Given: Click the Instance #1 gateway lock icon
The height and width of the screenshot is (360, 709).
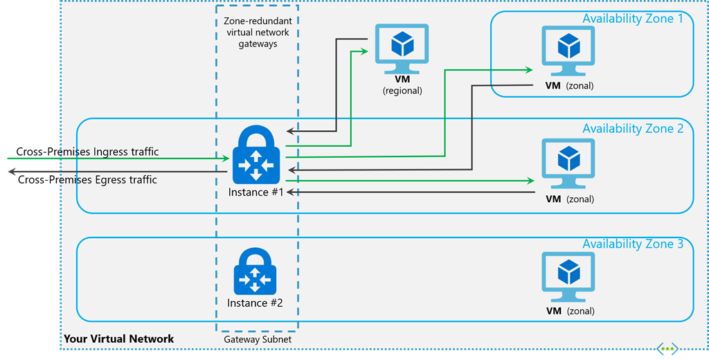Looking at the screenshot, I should point(257,155).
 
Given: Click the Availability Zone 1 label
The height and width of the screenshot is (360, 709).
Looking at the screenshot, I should point(633,19).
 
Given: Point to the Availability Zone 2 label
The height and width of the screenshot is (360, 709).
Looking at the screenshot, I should point(633,129).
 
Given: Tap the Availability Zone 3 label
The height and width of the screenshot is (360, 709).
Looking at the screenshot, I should point(633,244).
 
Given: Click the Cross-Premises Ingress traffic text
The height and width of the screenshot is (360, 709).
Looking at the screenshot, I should point(88,152).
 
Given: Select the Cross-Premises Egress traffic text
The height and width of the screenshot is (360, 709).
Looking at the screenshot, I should point(87,180).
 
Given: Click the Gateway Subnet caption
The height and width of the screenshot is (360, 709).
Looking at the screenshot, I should point(257,340).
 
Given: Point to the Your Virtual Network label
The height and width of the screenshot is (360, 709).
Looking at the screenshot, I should point(119,339).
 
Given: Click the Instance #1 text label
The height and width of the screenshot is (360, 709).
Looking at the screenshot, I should point(256,192).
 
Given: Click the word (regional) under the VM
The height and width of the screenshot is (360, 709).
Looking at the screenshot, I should point(402,91).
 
